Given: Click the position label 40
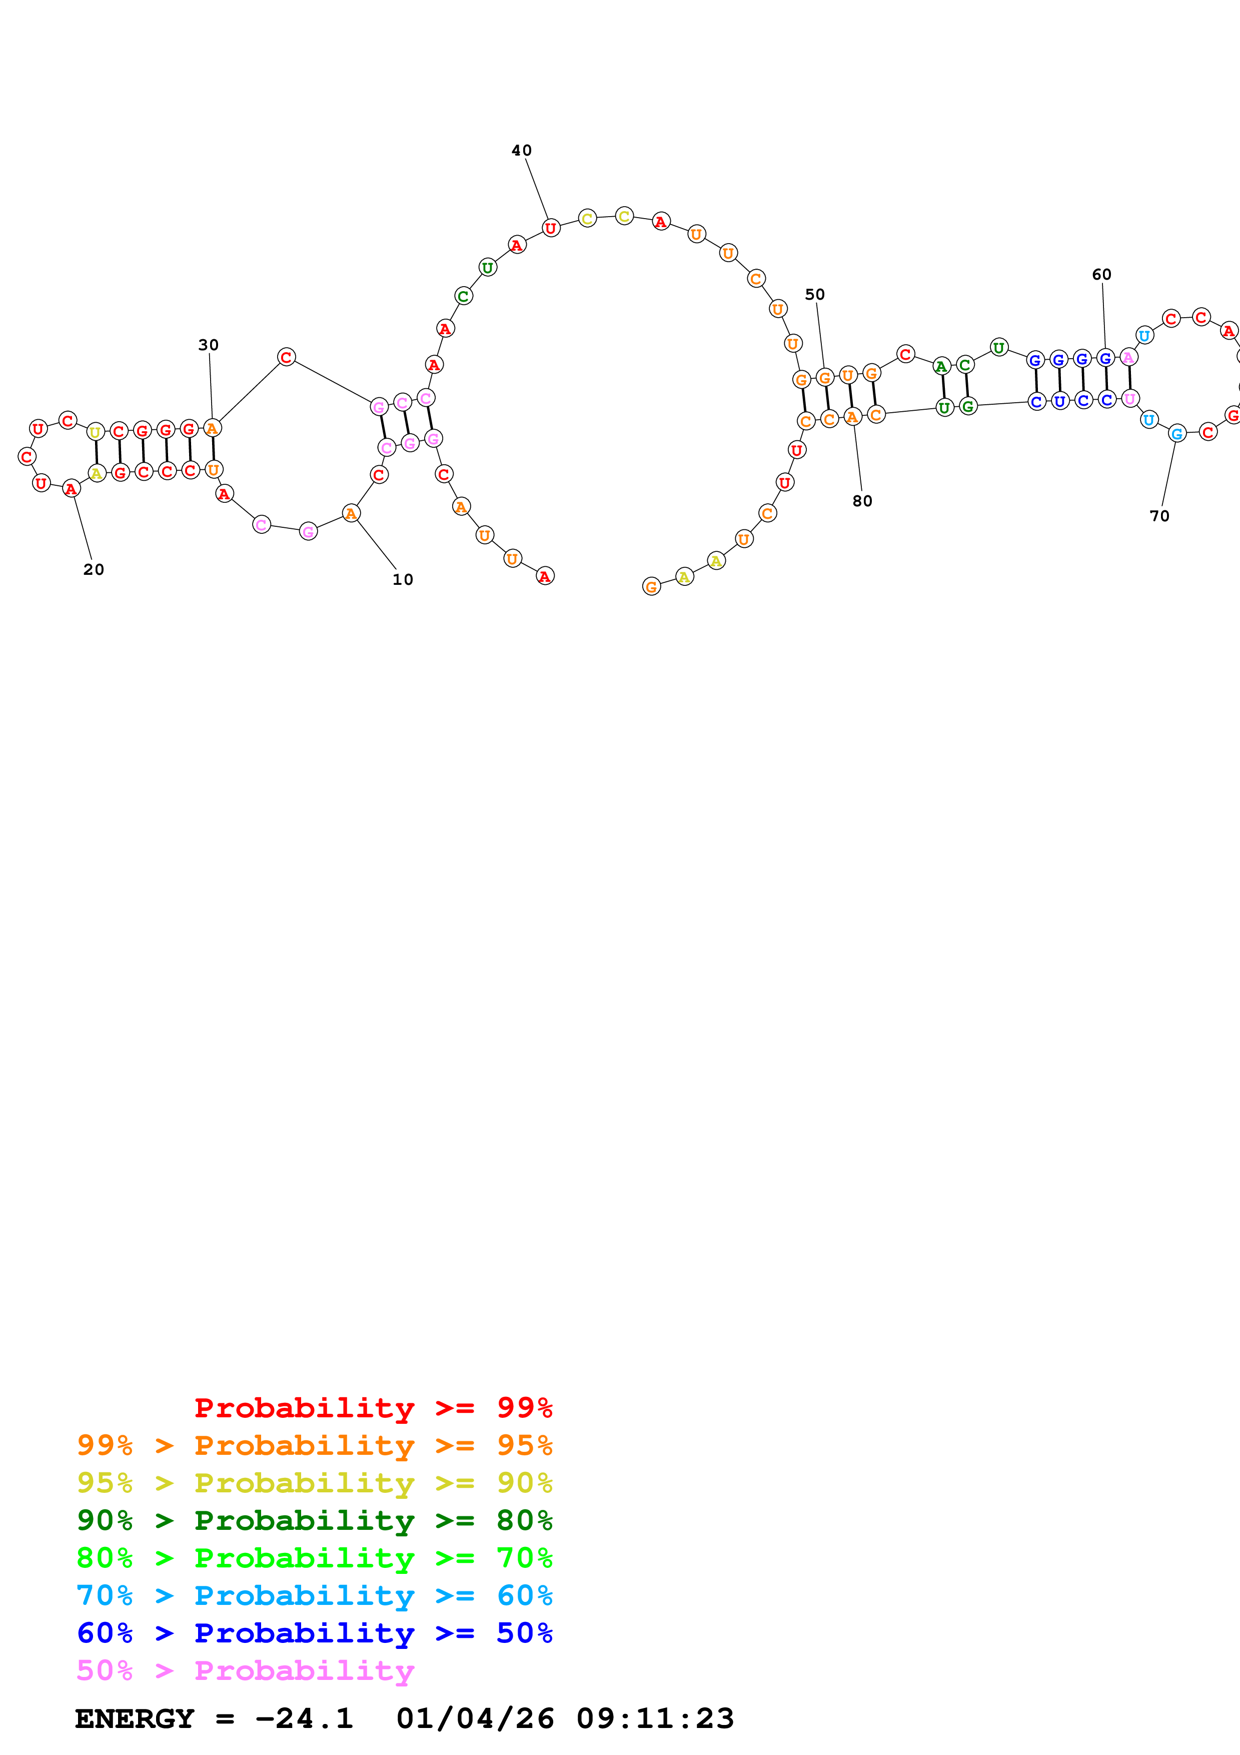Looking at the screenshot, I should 521,151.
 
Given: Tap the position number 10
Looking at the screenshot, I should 403,579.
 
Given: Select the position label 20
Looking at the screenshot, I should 93,569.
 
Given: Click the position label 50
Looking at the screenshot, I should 814,294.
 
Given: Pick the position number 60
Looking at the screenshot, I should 1101,275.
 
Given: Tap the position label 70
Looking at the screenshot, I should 1159,516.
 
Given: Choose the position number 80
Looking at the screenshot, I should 862,501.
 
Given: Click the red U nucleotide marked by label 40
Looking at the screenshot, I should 551,228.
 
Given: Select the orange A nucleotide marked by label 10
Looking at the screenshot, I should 351,514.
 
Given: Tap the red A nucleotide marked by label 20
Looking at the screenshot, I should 71,488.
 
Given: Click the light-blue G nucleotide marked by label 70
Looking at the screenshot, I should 1177,433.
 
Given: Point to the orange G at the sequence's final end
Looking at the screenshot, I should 651,587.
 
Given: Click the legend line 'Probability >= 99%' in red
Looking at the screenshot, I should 373,1408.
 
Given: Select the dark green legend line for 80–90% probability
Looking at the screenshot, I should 314,1520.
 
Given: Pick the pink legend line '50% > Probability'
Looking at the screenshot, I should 245,1670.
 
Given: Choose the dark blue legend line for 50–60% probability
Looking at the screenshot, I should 314,1633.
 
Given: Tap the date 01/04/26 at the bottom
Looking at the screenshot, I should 475,1718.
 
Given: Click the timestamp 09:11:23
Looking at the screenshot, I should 655,1718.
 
